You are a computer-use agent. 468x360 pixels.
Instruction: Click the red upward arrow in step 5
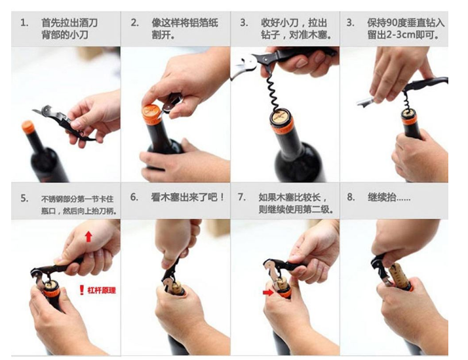click(88, 237)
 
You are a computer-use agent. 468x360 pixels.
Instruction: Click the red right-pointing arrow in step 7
click(268, 292)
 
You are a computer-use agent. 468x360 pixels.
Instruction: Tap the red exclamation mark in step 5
click(81, 290)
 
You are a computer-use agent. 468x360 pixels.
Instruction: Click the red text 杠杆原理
click(102, 290)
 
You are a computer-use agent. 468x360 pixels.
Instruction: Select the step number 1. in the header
click(24, 23)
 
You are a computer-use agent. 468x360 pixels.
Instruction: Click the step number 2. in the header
click(135, 23)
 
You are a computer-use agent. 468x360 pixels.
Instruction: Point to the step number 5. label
click(24, 198)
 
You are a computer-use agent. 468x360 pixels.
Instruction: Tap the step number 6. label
click(134, 197)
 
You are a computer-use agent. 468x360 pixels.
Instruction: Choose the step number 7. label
click(242, 197)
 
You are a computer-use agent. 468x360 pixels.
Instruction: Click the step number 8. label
click(351, 197)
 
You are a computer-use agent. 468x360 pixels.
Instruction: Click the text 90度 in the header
click(398, 23)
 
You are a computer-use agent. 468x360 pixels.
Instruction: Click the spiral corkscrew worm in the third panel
click(274, 91)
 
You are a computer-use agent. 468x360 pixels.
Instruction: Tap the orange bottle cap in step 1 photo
click(28, 126)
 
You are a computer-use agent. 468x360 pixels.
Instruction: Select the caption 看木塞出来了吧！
click(187, 197)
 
